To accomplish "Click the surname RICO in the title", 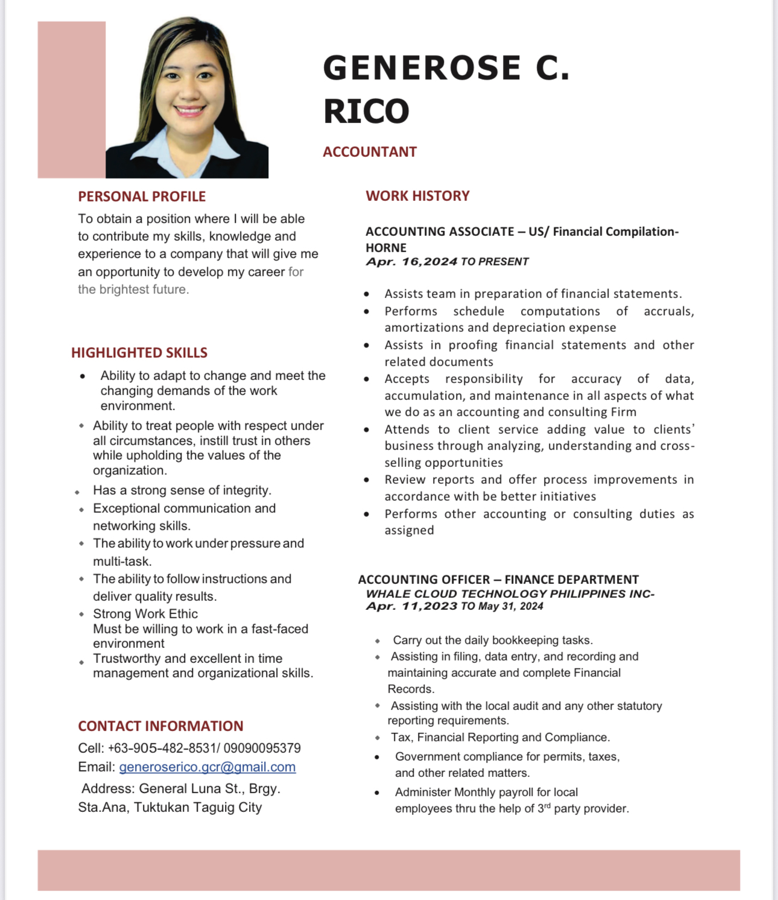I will pos(366,112).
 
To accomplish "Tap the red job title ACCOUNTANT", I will pos(370,152).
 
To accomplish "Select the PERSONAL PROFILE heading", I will pos(142,197).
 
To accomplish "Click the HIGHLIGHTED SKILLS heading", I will pos(139,353).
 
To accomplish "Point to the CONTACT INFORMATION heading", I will pos(160,726).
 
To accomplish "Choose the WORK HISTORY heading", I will pos(417,196).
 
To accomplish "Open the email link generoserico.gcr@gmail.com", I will pos(207,767).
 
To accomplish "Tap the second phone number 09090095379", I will pos(262,749).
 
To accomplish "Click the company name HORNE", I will pos(386,248).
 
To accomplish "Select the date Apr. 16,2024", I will pos(411,262).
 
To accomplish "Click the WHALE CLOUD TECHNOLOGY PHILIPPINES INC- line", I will pos(510,594).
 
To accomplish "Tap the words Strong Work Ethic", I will pos(145,614).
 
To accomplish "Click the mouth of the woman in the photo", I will pos(189,111).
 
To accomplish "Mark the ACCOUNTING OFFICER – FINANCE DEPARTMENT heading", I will pos(498,580).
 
